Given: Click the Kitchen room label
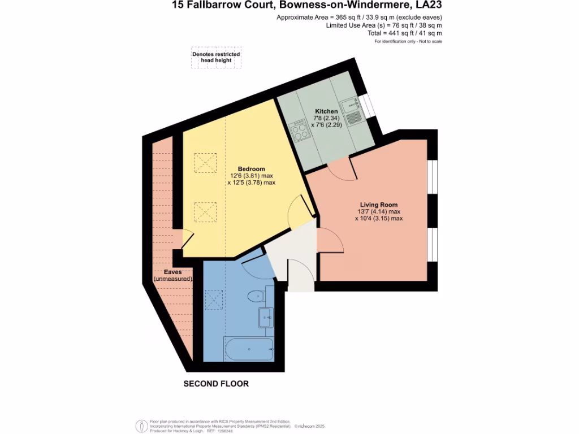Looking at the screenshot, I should coord(326,111).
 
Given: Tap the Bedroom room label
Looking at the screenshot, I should coord(252,169).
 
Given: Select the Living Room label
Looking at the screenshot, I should coord(379,205).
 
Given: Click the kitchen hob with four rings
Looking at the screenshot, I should coord(300,131).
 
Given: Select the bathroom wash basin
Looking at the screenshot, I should coord(266,318).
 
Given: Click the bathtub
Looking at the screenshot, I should coord(249,349).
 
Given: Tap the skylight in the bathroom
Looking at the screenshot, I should coord(213,300).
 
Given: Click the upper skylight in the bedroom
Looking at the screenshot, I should coord(205,163).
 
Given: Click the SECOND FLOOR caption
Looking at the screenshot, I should coord(216,384).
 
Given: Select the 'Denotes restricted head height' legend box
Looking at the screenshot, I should coord(216,59).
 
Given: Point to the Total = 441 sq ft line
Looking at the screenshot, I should coord(406,34).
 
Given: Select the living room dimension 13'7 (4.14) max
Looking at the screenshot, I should coord(379,211).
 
